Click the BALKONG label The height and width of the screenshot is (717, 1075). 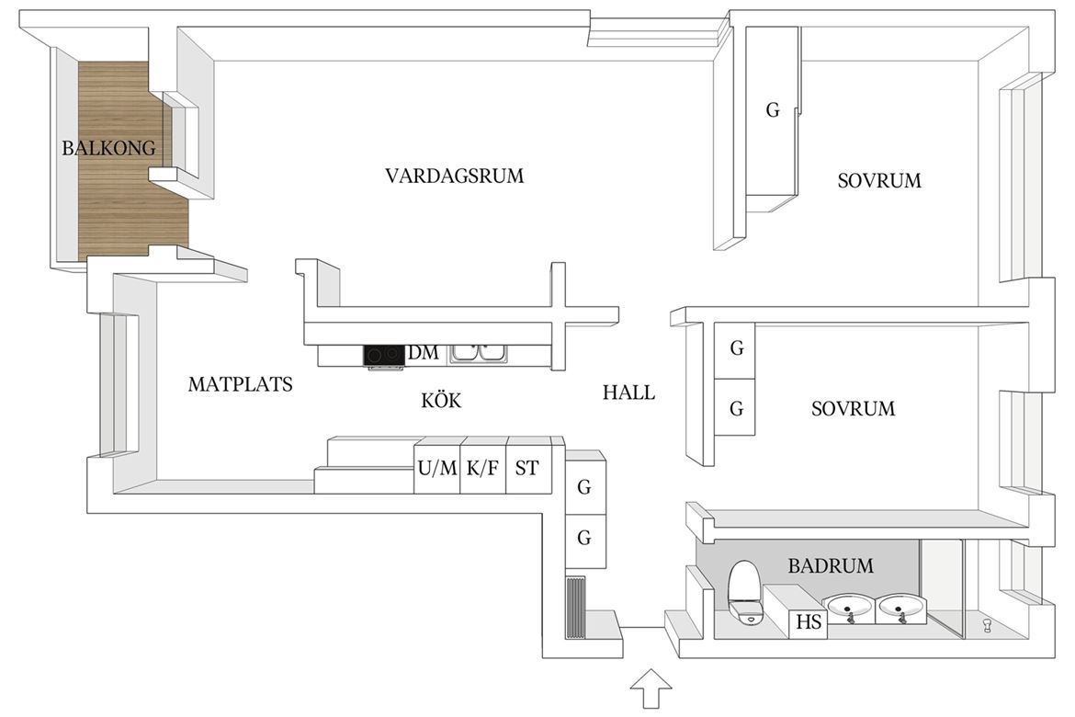click(x=108, y=147)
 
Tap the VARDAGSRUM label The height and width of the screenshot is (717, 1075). click(x=454, y=176)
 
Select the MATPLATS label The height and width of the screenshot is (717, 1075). click(x=240, y=383)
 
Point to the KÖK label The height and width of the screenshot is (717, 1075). click(x=441, y=399)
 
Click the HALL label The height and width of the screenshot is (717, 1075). click(x=628, y=393)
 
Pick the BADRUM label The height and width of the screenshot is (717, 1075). click(x=831, y=565)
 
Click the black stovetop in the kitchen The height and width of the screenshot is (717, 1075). click(x=383, y=356)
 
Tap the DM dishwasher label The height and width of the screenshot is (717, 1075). click(x=423, y=353)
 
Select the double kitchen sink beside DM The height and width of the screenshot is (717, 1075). click(x=478, y=353)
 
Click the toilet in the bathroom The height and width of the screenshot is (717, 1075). click(x=744, y=593)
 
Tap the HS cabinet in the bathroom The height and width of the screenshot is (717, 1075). click(x=809, y=622)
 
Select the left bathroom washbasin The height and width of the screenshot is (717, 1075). click(x=851, y=608)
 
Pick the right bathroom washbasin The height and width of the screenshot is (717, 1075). click(x=901, y=608)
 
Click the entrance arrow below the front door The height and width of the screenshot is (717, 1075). click(x=651, y=688)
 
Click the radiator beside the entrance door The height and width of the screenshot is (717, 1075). click(x=576, y=608)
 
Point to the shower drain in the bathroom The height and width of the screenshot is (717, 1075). click(x=987, y=624)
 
